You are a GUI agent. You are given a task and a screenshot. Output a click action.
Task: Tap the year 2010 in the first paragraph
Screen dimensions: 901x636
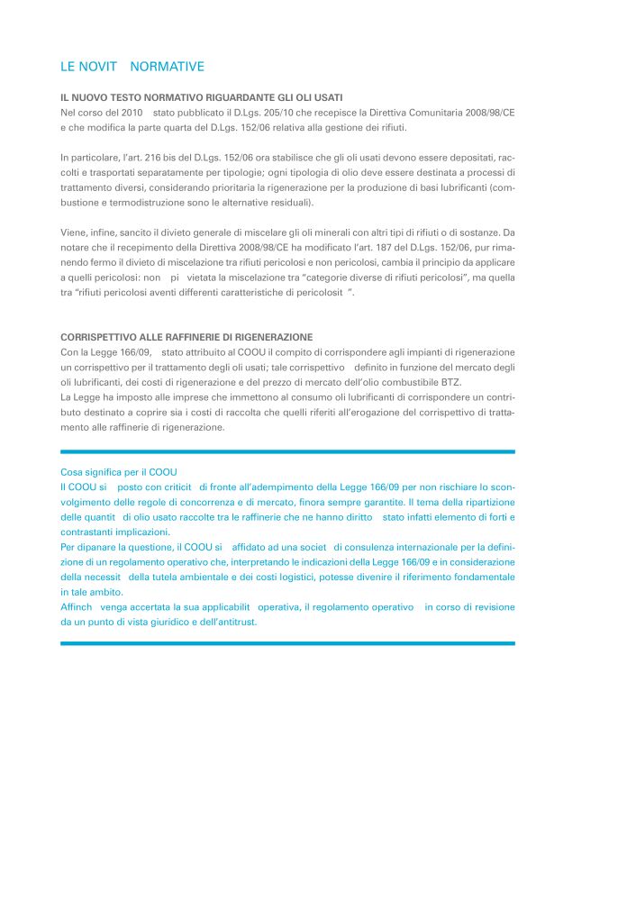[131, 112]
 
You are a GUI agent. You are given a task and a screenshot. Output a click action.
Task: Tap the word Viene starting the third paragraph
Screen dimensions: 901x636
[74, 232]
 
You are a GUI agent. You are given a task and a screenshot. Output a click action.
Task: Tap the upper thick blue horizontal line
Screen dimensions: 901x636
[287, 451]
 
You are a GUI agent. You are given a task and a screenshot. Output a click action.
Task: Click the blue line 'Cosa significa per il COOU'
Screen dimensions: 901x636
[119, 472]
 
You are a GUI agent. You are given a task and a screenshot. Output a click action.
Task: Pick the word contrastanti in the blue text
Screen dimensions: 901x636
[87, 532]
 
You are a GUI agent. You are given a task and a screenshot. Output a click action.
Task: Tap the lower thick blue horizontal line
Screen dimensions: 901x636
[287, 643]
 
